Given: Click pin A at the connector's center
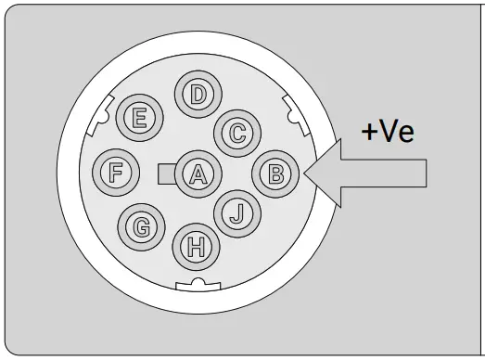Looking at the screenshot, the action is pos(197,173).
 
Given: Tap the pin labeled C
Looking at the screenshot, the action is pos(237,132).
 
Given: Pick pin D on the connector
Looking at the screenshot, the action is pos(197,95).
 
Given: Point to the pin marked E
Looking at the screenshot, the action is pos(141,118).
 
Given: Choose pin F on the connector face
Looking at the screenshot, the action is pos(117,172).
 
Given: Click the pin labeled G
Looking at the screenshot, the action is pos(141,225).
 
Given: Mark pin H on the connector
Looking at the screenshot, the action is pos(196,246).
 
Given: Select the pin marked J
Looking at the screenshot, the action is pos(236,212).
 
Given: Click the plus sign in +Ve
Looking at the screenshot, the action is pos(371,132).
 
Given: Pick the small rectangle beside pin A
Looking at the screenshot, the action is pos(167,173).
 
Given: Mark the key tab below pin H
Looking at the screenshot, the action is pos(196,284).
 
